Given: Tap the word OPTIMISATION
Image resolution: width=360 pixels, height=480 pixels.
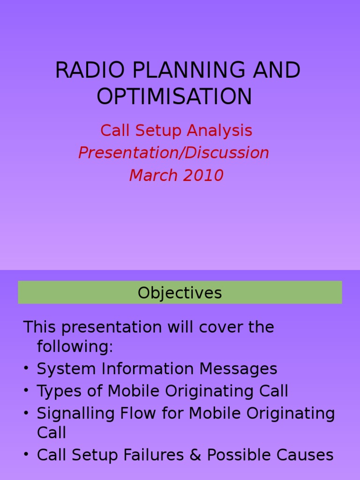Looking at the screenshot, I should pyautogui.click(x=174, y=97).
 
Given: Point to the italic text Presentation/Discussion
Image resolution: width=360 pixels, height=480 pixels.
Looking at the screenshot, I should pyautogui.click(x=173, y=153).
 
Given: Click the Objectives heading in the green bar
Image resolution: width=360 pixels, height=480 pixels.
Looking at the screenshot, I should pyautogui.click(x=180, y=293).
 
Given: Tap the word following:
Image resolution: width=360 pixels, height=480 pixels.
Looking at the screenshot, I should pyautogui.click(x=75, y=347).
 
